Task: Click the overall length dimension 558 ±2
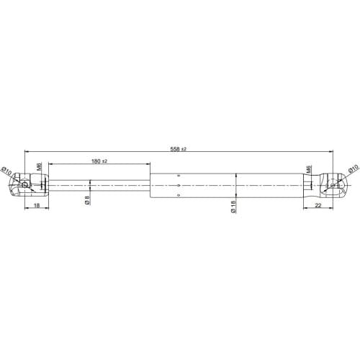178,149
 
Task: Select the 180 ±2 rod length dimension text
99,161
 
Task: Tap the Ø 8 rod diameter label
87,200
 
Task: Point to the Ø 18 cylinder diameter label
233,207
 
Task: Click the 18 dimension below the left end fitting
37,205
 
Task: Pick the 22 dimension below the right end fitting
318,205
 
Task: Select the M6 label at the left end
40,166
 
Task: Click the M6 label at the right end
309,169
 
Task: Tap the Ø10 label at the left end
6,171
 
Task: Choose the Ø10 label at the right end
353,168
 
